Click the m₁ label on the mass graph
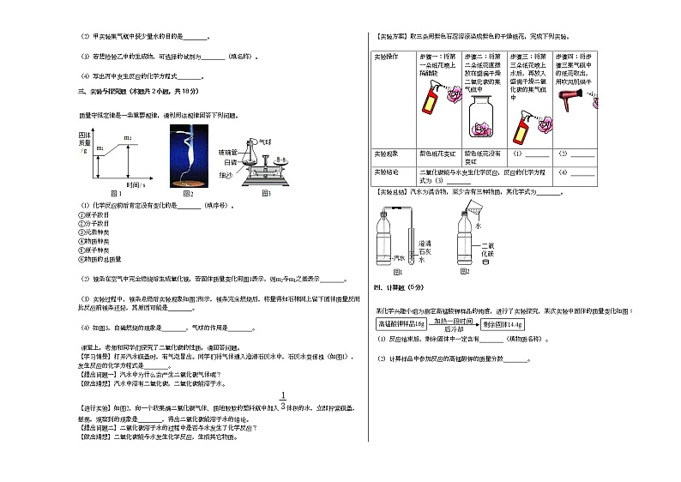[x=99, y=148]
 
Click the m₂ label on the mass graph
[x=128, y=137]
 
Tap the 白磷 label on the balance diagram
[x=229, y=161]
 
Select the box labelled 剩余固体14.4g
[x=501, y=324]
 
